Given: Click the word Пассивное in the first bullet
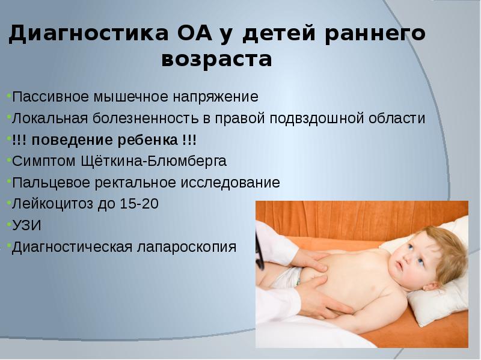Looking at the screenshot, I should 51,97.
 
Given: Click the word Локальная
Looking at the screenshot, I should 51,118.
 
